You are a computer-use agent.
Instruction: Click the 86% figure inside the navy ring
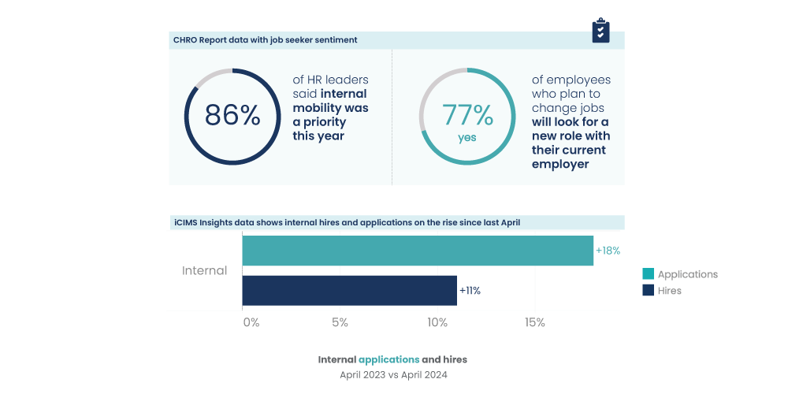coord(232,116)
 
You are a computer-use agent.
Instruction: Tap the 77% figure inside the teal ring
coord(467,116)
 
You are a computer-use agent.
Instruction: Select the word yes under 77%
coord(467,138)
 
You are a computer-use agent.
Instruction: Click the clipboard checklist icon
coord(601,30)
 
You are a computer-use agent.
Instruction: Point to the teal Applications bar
coord(418,251)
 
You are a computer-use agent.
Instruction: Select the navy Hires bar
coord(349,290)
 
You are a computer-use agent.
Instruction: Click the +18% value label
coord(608,251)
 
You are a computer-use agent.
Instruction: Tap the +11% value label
coord(470,290)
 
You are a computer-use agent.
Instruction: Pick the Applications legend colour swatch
coord(649,274)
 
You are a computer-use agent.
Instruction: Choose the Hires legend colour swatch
coord(649,290)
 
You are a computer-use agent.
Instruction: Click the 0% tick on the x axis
coord(251,322)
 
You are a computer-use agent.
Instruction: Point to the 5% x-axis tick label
coord(340,322)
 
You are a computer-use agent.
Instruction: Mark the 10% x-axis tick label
coord(437,322)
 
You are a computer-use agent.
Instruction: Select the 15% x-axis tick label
coord(535,322)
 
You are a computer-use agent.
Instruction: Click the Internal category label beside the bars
coord(204,270)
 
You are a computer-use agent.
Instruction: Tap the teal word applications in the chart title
coord(388,359)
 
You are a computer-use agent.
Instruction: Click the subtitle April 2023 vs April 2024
coord(394,375)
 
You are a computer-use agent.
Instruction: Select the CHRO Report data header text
coord(265,39)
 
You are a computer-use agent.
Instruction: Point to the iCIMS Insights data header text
coord(347,223)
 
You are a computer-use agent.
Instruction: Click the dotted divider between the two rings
coord(392,118)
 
